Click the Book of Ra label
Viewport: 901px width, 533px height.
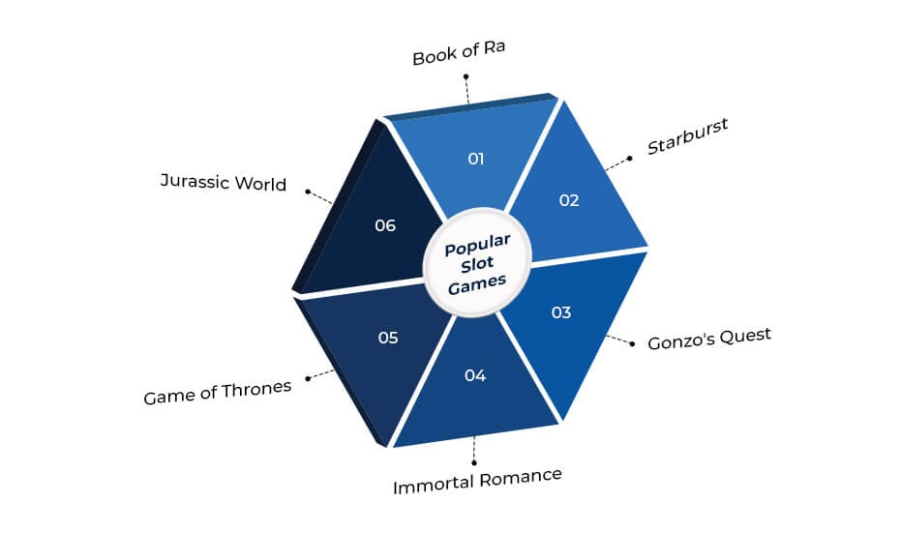(x=459, y=53)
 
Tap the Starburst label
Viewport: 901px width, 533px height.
(x=687, y=136)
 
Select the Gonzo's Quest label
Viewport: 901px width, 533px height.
(x=709, y=339)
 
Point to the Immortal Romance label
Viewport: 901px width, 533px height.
(x=477, y=482)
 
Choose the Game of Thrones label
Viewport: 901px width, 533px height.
(x=217, y=393)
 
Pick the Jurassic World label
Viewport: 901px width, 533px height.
(x=223, y=182)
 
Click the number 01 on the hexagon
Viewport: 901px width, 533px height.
(x=476, y=159)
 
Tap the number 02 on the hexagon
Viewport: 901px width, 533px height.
(x=569, y=200)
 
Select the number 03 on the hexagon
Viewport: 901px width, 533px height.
(x=561, y=312)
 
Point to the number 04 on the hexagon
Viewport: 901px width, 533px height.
(x=475, y=375)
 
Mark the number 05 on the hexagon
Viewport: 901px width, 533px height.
(x=388, y=338)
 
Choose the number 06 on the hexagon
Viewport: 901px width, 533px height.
(x=385, y=225)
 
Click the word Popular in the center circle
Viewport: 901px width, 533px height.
(x=477, y=246)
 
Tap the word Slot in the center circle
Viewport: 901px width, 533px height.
(x=477, y=265)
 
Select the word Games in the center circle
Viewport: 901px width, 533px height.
(x=477, y=283)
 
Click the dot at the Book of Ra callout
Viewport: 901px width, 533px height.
(x=466, y=76)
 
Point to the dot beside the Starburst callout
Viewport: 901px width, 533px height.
(x=630, y=159)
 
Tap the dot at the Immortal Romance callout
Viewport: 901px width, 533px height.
(x=474, y=463)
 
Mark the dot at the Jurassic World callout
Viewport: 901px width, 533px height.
(x=308, y=192)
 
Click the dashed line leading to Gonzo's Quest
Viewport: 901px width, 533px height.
(x=618, y=341)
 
